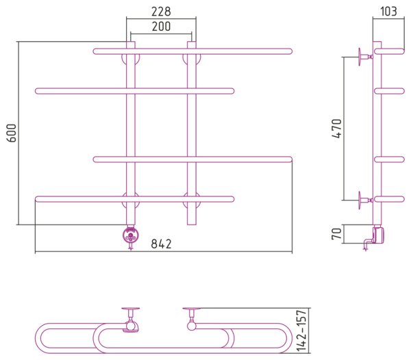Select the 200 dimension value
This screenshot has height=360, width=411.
pos(160,27)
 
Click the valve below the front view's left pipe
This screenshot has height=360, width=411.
pos(129,237)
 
